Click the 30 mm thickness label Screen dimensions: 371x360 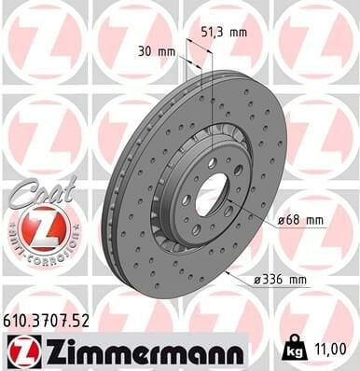[x=157, y=51]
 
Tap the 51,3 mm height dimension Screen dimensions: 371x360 [x=225, y=32]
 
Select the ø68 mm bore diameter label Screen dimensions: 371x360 [x=299, y=221]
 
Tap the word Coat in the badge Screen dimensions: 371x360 [x=37, y=190]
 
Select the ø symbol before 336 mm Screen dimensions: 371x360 [x=256, y=278]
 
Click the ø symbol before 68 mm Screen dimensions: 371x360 [x=281, y=221]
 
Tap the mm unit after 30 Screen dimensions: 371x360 [x=168, y=51]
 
